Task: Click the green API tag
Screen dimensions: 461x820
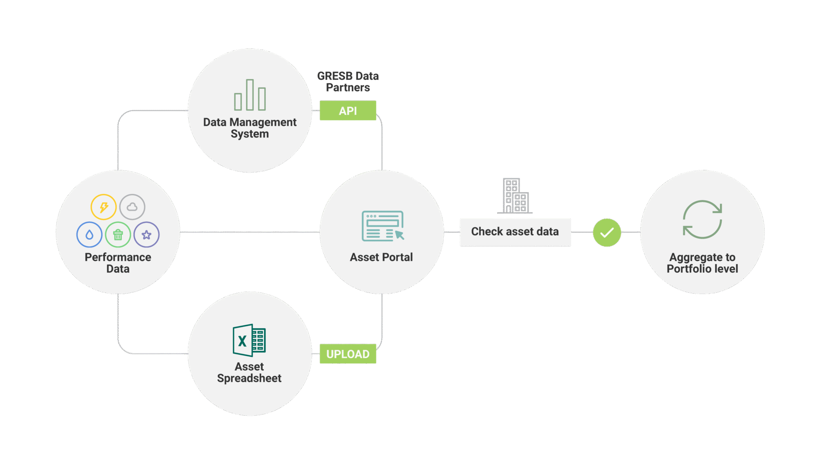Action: [x=348, y=111]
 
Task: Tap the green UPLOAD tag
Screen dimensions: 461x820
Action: [x=348, y=354]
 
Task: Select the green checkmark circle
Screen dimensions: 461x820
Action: [x=606, y=232]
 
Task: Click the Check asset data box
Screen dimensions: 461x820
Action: [x=515, y=232]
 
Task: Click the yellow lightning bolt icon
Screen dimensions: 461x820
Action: [x=103, y=207]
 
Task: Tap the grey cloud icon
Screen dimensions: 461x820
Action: [x=132, y=207]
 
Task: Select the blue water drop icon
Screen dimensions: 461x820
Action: [x=89, y=234]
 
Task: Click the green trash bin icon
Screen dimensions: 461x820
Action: [x=118, y=234]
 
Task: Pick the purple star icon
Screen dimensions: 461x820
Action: [x=146, y=234]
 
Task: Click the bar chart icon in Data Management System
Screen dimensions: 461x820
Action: [x=250, y=96]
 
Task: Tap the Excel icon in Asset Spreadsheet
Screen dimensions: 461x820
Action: [x=249, y=340]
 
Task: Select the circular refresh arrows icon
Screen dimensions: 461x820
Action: [x=702, y=219]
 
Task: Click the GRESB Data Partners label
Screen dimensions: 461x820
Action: [x=348, y=82]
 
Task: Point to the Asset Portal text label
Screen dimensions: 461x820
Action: [x=381, y=257]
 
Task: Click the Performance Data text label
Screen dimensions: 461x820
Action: [x=118, y=263]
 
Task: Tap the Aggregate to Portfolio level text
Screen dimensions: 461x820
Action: [x=702, y=263]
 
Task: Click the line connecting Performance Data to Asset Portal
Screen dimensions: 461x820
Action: [x=250, y=232]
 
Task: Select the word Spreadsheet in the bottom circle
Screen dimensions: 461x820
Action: [x=249, y=378]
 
